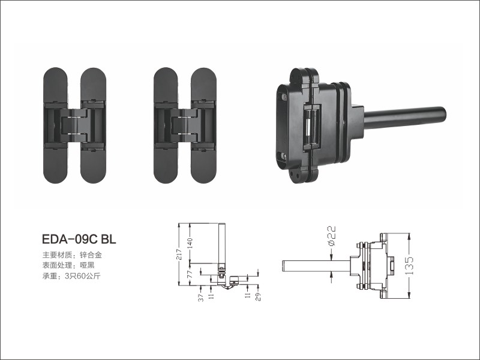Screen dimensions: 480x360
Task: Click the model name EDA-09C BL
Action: click(x=79, y=239)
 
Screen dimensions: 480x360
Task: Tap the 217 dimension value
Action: click(x=179, y=254)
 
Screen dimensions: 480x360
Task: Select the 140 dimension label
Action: click(x=190, y=244)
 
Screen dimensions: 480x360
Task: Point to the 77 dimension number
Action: click(x=190, y=274)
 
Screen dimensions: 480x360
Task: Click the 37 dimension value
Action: click(x=201, y=298)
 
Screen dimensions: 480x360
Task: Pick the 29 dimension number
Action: click(x=258, y=297)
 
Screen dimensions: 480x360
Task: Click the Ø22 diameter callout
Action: click(x=332, y=235)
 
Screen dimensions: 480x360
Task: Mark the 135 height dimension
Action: click(x=409, y=266)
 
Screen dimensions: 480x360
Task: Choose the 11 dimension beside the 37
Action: click(x=211, y=296)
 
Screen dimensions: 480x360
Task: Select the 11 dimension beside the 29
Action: click(x=248, y=296)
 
